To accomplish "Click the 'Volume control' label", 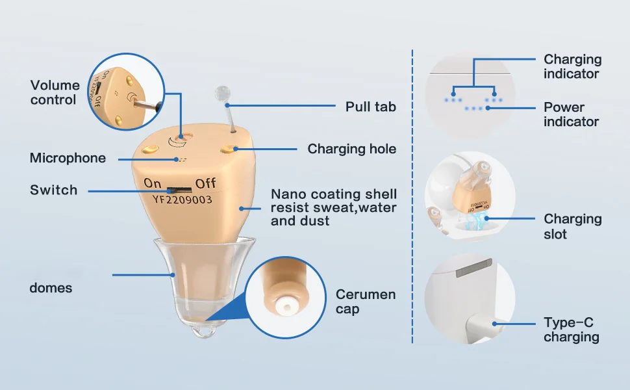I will (x=55, y=92).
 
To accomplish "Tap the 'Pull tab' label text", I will (x=370, y=106).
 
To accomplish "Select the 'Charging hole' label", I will (x=351, y=149).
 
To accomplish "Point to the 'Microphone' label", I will (x=68, y=158).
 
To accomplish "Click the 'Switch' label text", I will (x=53, y=190).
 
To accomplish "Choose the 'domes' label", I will (x=51, y=288).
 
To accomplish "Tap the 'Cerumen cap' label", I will (x=365, y=302).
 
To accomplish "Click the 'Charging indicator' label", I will (x=572, y=66).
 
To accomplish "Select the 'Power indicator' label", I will (x=571, y=114).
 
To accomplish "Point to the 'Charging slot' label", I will (x=572, y=226).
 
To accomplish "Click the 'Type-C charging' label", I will (x=571, y=330).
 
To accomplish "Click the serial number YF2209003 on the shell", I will (x=182, y=200).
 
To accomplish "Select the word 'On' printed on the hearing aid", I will (x=153, y=183).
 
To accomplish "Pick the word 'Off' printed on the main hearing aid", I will (x=206, y=183).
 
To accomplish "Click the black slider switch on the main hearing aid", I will (x=174, y=190).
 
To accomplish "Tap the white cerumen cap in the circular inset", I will (x=283, y=305).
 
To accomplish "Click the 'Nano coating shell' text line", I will (x=333, y=194).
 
